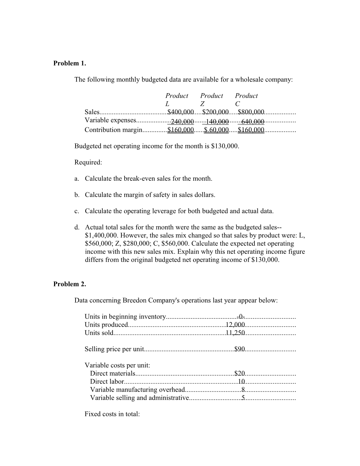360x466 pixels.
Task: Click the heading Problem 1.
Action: click(x=70, y=63)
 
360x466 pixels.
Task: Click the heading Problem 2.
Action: click(x=70, y=284)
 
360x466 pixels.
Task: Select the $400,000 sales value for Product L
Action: click(x=180, y=112)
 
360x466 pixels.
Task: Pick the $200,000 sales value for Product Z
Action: click(x=215, y=112)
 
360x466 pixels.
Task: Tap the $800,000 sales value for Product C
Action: click(x=251, y=112)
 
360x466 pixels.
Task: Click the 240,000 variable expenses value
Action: click(x=182, y=121)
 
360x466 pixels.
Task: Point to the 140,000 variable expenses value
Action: click(x=217, y=121)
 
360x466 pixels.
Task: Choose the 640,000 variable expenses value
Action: click(x=252, y=121)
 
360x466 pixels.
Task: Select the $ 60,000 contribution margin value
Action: click(x=216, y=130)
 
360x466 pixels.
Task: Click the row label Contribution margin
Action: click(x=113, y=130)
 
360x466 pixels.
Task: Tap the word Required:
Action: click(x=88, y=162)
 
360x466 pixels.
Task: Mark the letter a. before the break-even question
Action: click(x=77, y=179)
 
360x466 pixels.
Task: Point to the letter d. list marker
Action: click(x=77, y=227)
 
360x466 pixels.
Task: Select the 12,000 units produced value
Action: click(x=235, y=325)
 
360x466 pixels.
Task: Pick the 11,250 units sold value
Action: click(x=235, y=333)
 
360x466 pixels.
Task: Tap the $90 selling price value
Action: click(x=239, y=349)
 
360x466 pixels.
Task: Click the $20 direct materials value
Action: click(x=239, y=374)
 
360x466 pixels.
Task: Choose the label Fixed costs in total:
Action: click(x=112, y=414)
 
